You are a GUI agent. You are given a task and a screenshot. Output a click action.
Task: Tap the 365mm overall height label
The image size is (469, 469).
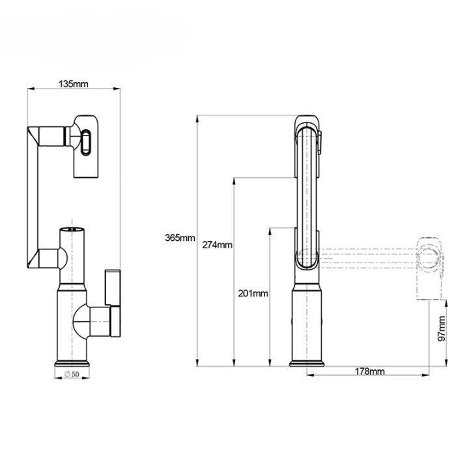[x=180, y=238]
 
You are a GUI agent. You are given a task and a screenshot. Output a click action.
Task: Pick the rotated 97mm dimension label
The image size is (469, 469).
[x=442, y=329]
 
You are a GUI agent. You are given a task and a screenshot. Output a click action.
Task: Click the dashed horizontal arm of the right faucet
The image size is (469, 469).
[x=365, y=257]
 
